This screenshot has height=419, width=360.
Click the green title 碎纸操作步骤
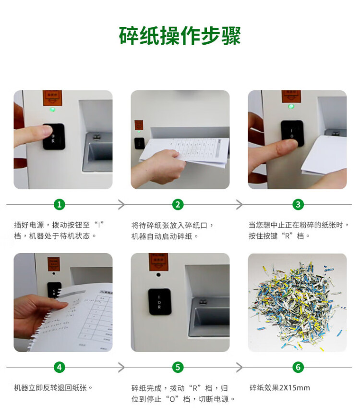[x=180, y=36]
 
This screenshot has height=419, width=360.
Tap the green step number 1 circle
[x=59, y=205]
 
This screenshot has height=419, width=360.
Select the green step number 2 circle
[x=178, y=205]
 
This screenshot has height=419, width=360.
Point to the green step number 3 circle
[x=298, y=205]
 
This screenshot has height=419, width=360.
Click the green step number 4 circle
[x=59, y=367]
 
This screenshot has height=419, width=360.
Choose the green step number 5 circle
[x=178, y=367]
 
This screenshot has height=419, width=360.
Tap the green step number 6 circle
[x=298, y=367]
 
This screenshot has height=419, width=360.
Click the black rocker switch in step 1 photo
[x=54, y=136]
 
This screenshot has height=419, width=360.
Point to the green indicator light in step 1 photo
[x=53, y=109]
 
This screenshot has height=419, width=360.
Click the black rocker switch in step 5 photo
[x=159, y=302]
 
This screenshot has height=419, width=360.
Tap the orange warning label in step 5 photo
[x=158, y=261]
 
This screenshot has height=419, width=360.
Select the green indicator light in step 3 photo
[x=291, y=106]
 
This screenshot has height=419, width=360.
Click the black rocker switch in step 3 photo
[x=292, y=134]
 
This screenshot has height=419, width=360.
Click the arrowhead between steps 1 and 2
[x=122, y=205]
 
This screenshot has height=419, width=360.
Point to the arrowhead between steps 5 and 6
[x=240, y=367]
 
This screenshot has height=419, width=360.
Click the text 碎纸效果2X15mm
[x=280, y=388]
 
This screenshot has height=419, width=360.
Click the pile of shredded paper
[x=297, y=304]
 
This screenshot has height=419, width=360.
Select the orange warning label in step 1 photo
[x=52, y=98]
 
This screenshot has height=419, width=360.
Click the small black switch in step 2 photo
[x=139, y=143]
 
